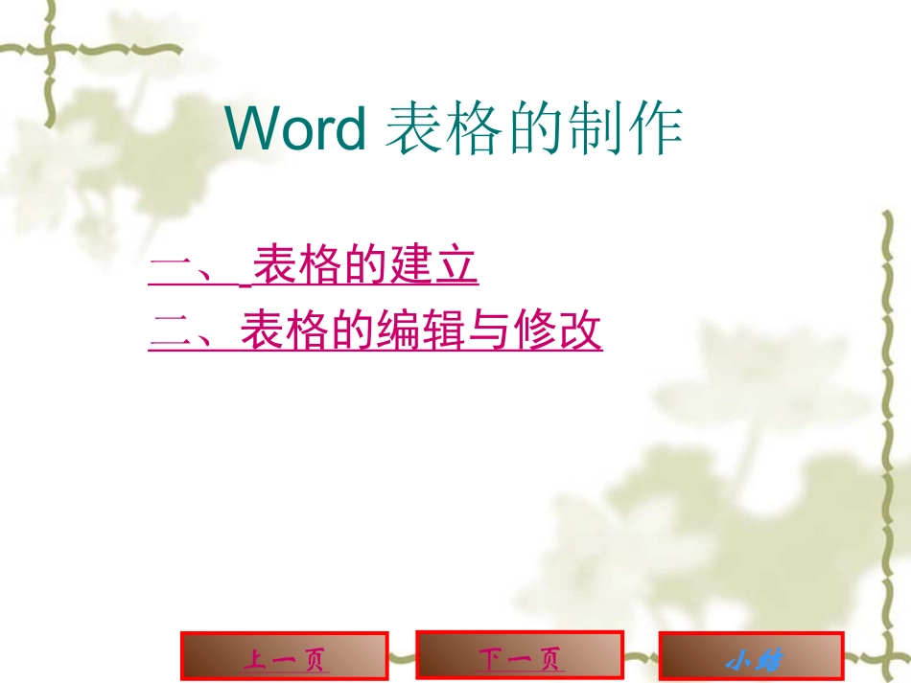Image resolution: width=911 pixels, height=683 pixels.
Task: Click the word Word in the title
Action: point(296,129)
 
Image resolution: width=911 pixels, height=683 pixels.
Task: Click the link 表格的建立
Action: point(364,266)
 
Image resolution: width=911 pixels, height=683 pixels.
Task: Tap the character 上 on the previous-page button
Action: point(254,660)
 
